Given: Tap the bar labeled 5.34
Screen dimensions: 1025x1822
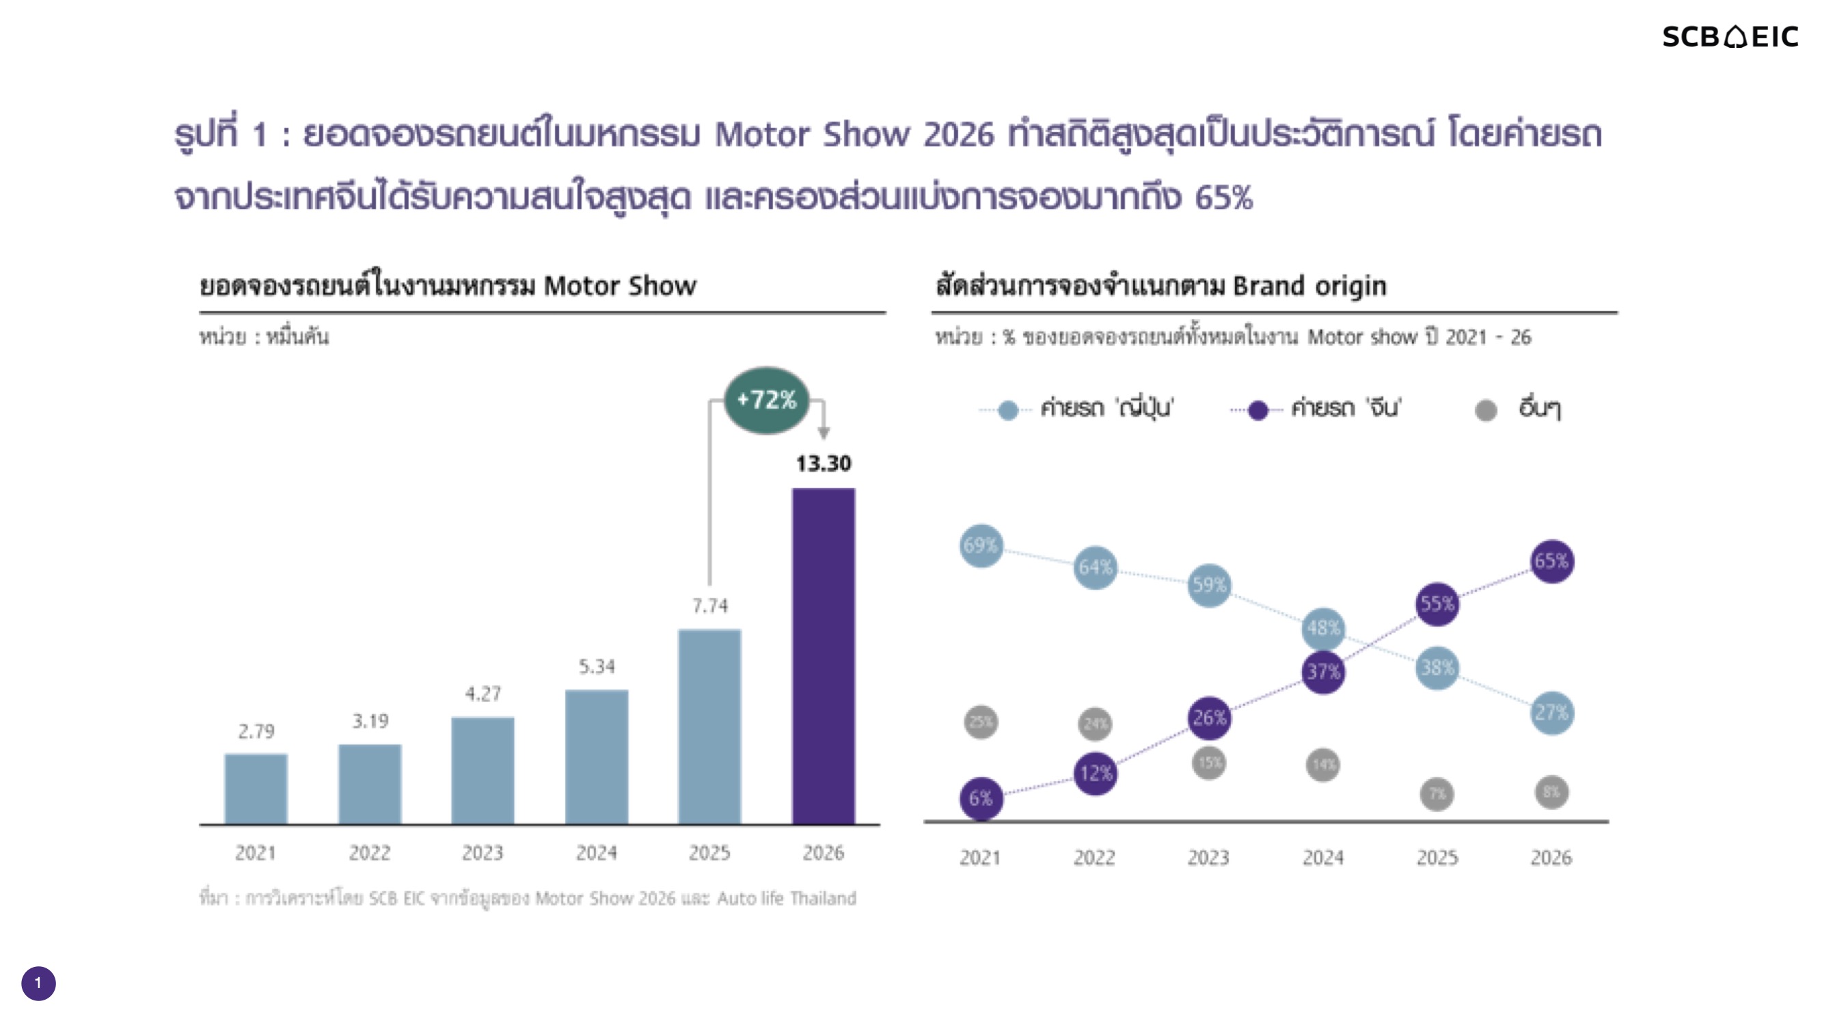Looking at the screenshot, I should pos(596,757).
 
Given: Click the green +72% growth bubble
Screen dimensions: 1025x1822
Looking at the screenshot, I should pos(766,400).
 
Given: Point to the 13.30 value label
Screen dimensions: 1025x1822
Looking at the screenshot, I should pos(824,464).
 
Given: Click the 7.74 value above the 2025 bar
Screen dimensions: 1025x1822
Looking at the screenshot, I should pos(709,605).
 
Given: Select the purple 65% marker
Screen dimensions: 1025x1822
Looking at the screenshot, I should pos(1551,562).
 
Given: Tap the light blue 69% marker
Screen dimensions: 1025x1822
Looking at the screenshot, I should pos(981,545).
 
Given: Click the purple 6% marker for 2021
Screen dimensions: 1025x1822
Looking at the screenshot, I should pos(981,799).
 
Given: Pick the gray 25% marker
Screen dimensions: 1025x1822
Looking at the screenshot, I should pos(981,722).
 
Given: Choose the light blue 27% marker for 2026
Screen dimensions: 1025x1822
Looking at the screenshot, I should pos(1551,712).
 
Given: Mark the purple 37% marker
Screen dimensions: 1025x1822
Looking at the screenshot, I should pos(1322,671).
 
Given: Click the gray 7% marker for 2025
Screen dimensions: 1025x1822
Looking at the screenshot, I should pos(1437,793).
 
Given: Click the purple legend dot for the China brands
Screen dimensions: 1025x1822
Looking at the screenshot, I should pos(1257,410).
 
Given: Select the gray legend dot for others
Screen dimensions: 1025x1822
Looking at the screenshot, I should pos(1485,410).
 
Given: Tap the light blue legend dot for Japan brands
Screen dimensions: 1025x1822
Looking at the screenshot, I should pos(1007,410).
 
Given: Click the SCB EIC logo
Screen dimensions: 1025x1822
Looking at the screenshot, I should pos(1729,37).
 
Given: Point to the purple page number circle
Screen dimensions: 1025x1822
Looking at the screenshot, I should pos(38,983).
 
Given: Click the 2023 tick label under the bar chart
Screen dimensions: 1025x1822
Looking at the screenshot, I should pos(482,853).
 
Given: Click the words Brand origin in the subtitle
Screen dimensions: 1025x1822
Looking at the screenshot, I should pos(1309,286).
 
